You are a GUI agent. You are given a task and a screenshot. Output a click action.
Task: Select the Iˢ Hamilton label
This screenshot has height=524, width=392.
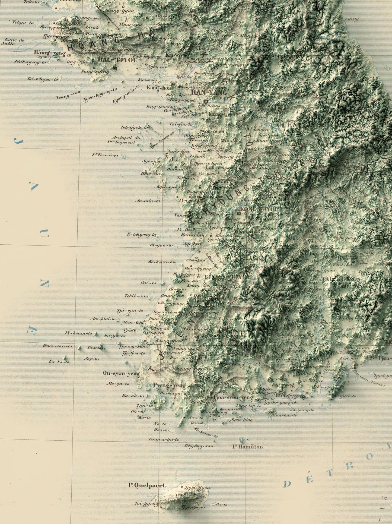click(247, 447)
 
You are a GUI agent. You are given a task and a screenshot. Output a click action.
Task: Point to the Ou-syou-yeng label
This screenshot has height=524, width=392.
click(121, 374)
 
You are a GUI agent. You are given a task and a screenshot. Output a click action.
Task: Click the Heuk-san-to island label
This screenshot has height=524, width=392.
click(57, 346)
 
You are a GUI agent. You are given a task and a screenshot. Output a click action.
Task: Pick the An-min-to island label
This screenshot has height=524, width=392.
click(147, 201)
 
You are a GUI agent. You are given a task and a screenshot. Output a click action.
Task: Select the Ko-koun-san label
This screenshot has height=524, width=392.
click(162, 262)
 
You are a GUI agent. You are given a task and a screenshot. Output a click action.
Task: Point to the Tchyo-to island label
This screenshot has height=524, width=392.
click(23, 23)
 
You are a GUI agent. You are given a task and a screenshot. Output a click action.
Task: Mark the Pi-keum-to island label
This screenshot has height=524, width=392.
click(78, 333)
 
